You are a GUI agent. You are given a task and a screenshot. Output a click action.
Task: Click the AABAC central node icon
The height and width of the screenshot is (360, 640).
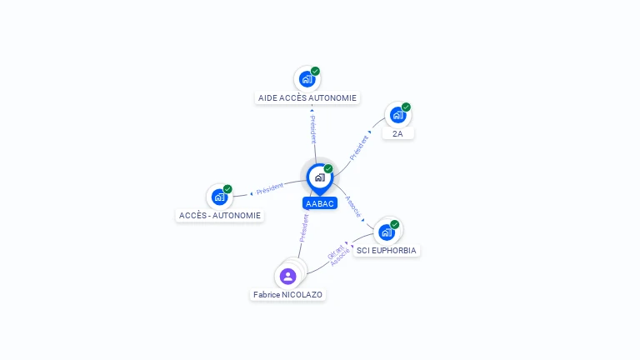[319, 177]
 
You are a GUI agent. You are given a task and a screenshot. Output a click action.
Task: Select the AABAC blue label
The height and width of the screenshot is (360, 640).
[319, 203]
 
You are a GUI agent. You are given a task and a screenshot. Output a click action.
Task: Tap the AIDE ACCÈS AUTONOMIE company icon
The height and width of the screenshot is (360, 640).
[307, 79]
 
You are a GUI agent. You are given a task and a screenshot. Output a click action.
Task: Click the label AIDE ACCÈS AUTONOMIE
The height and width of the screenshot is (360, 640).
[307, 97]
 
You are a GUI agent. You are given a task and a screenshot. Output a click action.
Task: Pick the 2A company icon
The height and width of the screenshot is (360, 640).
[397, 115]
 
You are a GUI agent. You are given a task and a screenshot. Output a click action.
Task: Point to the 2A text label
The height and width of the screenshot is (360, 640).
[397, 133]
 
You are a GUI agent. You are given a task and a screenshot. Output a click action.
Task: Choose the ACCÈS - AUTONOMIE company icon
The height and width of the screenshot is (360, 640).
[219, 197]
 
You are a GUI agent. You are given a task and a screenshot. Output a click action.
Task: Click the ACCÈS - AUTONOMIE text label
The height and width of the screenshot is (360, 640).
[220, 215]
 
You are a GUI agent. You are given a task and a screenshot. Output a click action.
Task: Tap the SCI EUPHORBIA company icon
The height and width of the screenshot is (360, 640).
[386, 232]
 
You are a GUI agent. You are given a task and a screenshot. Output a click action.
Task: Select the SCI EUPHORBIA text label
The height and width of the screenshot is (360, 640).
[387, 250]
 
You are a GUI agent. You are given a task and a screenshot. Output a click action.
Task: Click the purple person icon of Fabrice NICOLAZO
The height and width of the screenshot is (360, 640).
[288, 276]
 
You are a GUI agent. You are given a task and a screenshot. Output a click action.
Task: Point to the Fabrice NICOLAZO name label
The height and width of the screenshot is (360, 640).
[288, 294]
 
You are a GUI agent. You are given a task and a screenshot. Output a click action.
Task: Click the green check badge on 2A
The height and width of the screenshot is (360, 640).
[406, 107]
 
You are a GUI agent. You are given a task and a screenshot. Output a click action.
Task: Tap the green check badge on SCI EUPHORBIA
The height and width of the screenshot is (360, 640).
[394, 224]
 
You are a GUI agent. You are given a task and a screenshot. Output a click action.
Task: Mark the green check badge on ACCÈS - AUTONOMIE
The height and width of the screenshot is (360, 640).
[227, 189]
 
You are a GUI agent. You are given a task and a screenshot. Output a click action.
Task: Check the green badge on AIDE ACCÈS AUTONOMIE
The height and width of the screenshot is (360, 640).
[315, 71]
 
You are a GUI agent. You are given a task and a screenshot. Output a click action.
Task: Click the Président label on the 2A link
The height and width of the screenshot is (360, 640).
[359, 147]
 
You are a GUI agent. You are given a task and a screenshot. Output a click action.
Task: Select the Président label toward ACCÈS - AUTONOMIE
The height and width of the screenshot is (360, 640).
[270, 188]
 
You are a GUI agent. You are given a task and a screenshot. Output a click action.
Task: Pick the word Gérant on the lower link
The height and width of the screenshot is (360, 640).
[334, 250]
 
